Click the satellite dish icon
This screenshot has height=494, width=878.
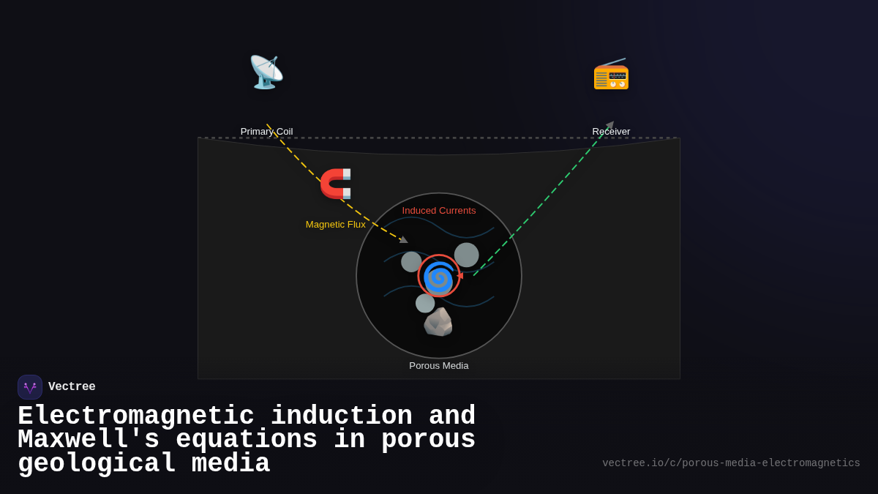coord(266,72)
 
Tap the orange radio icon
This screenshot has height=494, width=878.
coord(611,73)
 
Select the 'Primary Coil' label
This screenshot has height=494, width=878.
coord(266,132)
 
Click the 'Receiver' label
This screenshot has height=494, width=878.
coord(611,132)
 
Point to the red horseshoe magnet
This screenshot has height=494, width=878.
coord(336,184)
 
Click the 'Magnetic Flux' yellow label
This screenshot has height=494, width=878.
coord(335,225)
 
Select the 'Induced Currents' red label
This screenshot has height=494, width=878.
coord(439,211)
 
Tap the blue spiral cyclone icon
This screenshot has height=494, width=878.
coord(439,277)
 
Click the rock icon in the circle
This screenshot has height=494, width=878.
coord(438,322)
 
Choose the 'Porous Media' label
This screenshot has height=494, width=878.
coord(439,366)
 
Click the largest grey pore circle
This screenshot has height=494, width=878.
coord(466,255)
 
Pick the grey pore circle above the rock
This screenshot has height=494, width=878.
coord(425,303)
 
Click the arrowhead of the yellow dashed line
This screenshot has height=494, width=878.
coord(404,239)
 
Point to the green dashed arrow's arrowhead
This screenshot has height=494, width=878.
coord(609,125)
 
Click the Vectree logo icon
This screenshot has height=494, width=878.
coord(30,387)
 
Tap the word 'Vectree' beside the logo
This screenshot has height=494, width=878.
coord(72,387)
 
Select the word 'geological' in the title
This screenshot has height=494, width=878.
coord(97,464)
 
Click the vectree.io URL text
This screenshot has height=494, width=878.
coord(731,463)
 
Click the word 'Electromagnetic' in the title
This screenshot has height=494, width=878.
coord(136,416)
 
